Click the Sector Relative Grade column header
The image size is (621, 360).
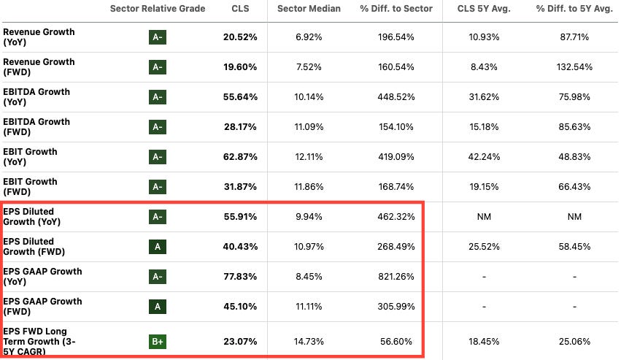pos(157,8)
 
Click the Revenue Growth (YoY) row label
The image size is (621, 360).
pos(39,37)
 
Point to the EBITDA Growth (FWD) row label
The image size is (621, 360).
pos(36,127)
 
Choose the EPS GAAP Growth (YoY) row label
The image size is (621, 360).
pos(42,277)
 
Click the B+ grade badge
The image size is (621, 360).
pos(157,340)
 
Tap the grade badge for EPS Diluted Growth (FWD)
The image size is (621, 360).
pos(157,247)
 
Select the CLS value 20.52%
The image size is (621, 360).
pos(239,37)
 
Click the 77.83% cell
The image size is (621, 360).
pos(239,277)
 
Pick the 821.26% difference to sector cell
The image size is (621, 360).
pos(396,277)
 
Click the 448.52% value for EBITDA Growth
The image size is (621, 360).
pos(396,97)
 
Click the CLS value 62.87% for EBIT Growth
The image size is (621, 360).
pos(239,157)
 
